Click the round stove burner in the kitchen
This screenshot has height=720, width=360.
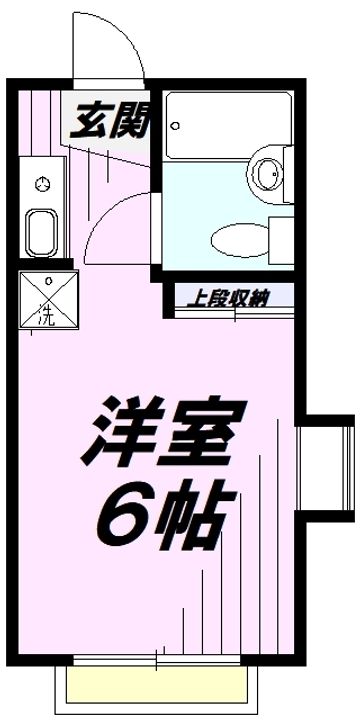[x=41, y=183]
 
